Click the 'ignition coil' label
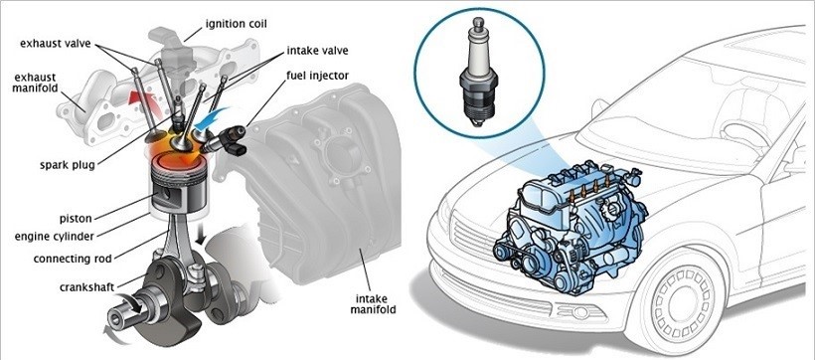(236, 24)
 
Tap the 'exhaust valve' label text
(55, 43)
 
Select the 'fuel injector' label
(318, 76)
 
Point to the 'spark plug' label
(68, 165)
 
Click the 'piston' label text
(76, 218)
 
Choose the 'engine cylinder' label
(55, 237)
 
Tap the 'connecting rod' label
(73, 258)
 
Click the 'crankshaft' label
(86, 286)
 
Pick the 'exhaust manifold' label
(35, 83)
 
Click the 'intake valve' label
(317, 51)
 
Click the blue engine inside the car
(570, 228)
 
